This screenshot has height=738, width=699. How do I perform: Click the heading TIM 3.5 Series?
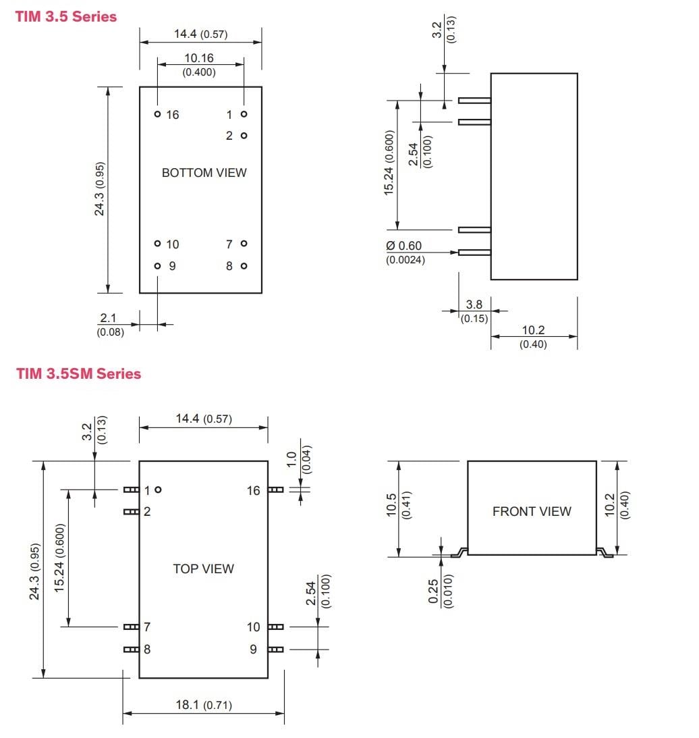(x=65, y=17)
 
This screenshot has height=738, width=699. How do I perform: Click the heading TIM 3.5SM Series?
(x=79, y=373)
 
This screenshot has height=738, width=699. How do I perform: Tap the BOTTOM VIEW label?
(x=204, y=173)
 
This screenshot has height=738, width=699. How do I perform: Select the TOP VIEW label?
(x=203, y=569)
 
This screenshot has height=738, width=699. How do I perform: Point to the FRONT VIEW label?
(x=532, y=512)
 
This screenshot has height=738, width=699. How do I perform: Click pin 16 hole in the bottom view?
(x=157, y=114)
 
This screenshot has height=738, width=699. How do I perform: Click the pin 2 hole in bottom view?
(x=244, y=136)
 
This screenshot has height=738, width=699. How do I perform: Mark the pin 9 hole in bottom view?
(x=157, y=266)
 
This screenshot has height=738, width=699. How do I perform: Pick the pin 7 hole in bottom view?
(x=244, y=244)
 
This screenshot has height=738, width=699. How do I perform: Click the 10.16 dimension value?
(x=199, y=59)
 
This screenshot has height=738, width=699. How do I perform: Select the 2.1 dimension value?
(x=109, y=318)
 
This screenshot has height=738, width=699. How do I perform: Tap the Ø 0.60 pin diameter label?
(x=404, y=246)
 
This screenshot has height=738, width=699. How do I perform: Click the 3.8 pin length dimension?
(x=474, y=305)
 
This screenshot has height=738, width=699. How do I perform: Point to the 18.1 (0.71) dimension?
(x=203, y=705)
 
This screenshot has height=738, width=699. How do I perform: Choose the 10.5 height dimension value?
(x=392, y=504)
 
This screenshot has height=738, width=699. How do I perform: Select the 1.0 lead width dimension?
(x=291, y=459)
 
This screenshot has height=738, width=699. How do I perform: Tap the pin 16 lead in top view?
(x=275, y=490)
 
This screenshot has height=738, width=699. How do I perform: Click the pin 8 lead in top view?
(x=131, y=650)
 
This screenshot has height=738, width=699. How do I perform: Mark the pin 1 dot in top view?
(x=158, y=490)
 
